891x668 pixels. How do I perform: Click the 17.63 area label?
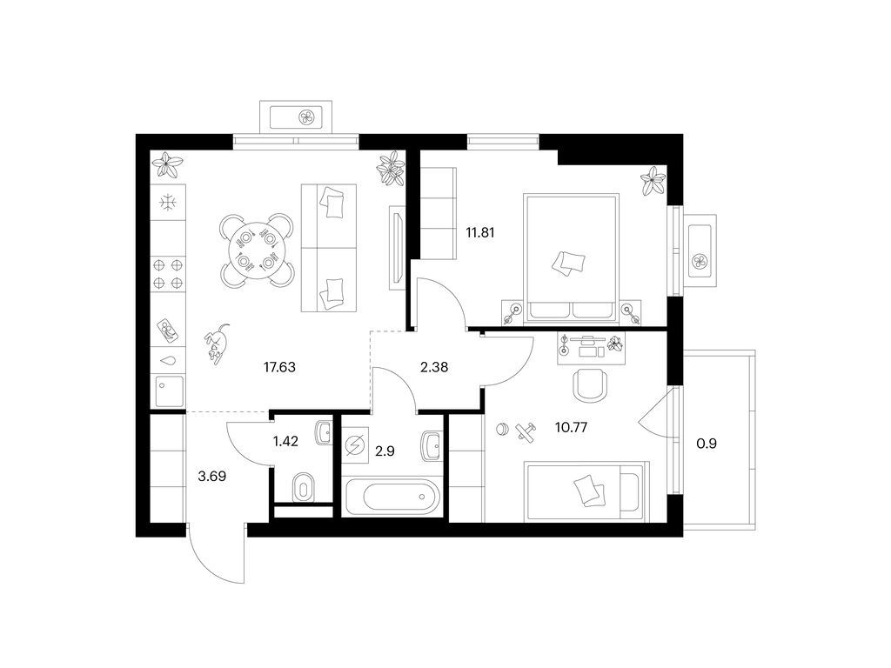point(279,368)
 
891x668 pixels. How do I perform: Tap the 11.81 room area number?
point(480,232)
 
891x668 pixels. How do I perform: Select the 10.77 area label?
point(571,426)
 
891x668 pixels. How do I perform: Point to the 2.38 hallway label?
point(434,368)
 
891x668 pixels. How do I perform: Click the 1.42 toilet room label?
point(285,441)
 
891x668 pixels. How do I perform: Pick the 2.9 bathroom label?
point(385,451)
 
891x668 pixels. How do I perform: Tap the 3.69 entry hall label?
point(212,476)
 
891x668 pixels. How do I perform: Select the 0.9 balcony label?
point(707,444)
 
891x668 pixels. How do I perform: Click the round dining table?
point(258,250)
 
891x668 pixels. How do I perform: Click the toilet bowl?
point(303,489)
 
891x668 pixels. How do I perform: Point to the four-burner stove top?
point(168,273)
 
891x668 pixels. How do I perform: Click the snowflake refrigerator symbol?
point(168,202)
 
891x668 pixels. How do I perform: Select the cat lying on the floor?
point(216,343)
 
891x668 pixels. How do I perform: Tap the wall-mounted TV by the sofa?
point(397,248)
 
